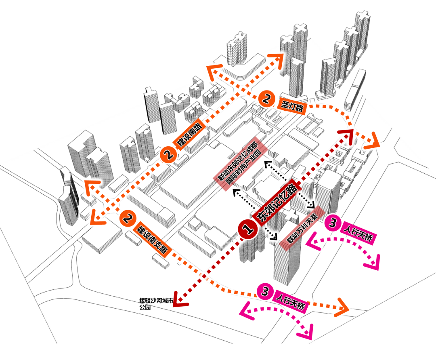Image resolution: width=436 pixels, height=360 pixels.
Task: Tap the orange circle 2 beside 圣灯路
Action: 266,98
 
